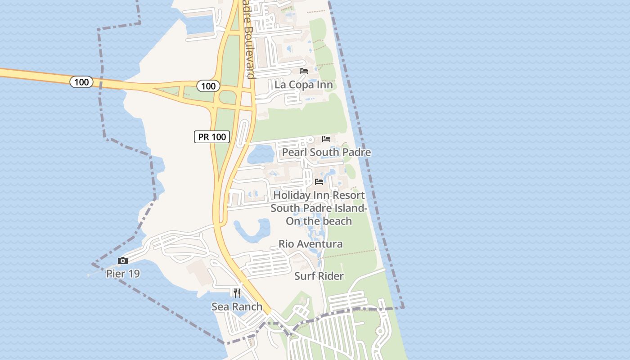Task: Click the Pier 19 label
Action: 123,273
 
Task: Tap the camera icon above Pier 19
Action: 122,261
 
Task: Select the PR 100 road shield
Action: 212,137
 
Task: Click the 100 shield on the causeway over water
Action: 81,82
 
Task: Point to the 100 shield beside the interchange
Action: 208,85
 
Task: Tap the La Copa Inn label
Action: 304,85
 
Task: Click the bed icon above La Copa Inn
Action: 304,71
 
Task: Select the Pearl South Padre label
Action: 326,152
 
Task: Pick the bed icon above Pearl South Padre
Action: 326,139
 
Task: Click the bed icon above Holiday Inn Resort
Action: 319,182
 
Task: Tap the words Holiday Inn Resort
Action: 319,195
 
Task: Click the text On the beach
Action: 319,221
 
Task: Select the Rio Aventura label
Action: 310,244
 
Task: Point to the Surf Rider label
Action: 319,276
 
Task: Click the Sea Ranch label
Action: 237,306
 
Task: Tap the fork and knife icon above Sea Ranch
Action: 237,293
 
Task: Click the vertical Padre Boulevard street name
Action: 249,40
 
